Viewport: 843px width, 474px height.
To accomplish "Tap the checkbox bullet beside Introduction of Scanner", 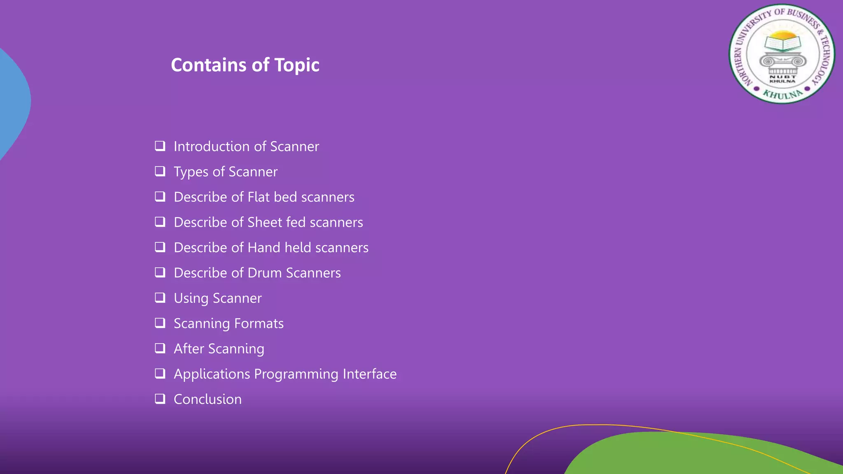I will pos(160,146).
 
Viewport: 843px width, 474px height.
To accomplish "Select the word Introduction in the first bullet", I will pos(212,146).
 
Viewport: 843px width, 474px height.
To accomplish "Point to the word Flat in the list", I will pos(258,197).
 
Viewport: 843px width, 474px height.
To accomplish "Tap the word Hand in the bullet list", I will pos(264,248).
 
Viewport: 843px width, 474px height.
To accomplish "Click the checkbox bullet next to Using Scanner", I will pos(160,297).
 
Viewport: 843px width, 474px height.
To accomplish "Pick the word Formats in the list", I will pos(259,323).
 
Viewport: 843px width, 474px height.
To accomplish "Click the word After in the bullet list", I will pos(189,349).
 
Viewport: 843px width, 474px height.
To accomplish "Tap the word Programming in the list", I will pos(296,374).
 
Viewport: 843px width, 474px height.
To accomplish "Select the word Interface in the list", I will pos(370,374).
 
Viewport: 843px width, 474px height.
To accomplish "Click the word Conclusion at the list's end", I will pos(207,400).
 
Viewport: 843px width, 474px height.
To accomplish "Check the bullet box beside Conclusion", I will pos(160,399).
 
